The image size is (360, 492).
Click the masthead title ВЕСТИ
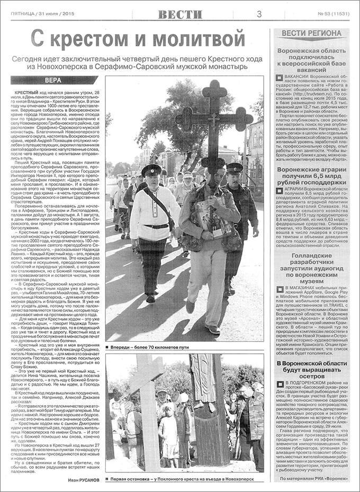180,14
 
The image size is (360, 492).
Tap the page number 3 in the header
259,14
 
